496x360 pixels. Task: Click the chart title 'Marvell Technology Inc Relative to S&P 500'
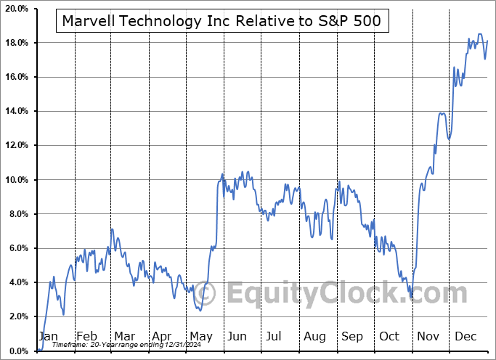(220, 21)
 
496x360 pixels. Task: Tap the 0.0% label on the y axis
(18, 351)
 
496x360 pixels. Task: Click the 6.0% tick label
(18, 248)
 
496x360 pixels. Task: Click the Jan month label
(47, 337)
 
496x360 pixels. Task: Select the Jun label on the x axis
(237, 337)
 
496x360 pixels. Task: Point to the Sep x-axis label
(351, 337)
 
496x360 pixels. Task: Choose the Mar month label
(123, 337)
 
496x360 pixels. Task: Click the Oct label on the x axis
(389, 337)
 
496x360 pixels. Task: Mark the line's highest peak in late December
(479, 34)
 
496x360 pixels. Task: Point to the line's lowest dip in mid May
(200, 311)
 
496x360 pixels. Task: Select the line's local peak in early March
(112, 229)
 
